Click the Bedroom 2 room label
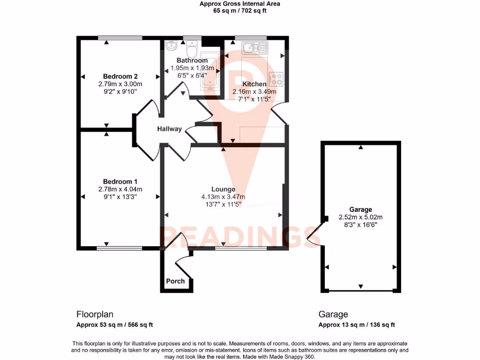tap(120, 76)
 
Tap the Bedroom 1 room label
tap(120, 181)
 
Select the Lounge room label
tap(223, 189)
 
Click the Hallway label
tap(169, 129)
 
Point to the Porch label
tap(175, 281)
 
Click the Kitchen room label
tap(255, 84)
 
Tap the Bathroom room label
tap(192, 60)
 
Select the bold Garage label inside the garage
tap(360, 210)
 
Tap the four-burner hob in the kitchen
tap(276, 78)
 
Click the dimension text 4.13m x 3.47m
tap(223, 197)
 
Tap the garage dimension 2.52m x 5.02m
tap(360, 217)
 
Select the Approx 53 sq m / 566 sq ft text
tap(115, 325)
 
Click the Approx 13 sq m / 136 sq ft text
tap(357, 325)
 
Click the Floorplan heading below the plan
tap(95, 315)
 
